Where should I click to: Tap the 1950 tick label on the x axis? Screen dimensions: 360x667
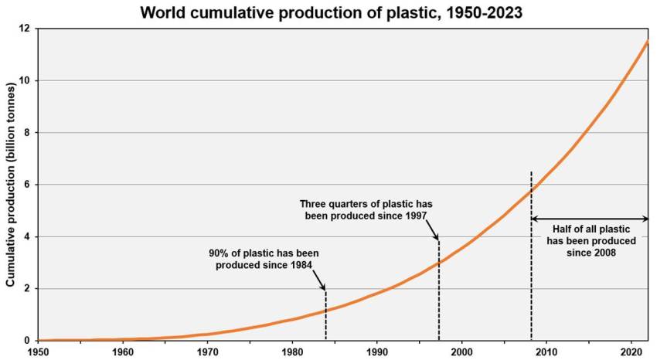pyautogui.click(x=38, y=352)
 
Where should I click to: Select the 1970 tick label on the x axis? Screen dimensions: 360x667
pyautogui.click(x=207, y=352)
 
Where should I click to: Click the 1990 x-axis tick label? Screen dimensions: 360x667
pyautogui.click(x=376, y=352)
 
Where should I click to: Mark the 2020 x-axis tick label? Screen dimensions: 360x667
pyautogui.click(x=631, y=352)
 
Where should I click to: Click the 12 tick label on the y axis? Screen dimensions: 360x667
pyautogui.click(x=25, y=29)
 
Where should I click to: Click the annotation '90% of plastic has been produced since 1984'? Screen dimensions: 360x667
pyautogui.click(x=264, y=259)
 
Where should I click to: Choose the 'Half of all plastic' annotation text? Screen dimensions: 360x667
pyautogui.click(x=591, y=240)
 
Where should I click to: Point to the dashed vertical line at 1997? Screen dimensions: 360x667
pyautogui.click(x=438, y=294)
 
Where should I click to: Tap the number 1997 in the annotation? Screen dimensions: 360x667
pyautogui.click(x=414, y=216)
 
